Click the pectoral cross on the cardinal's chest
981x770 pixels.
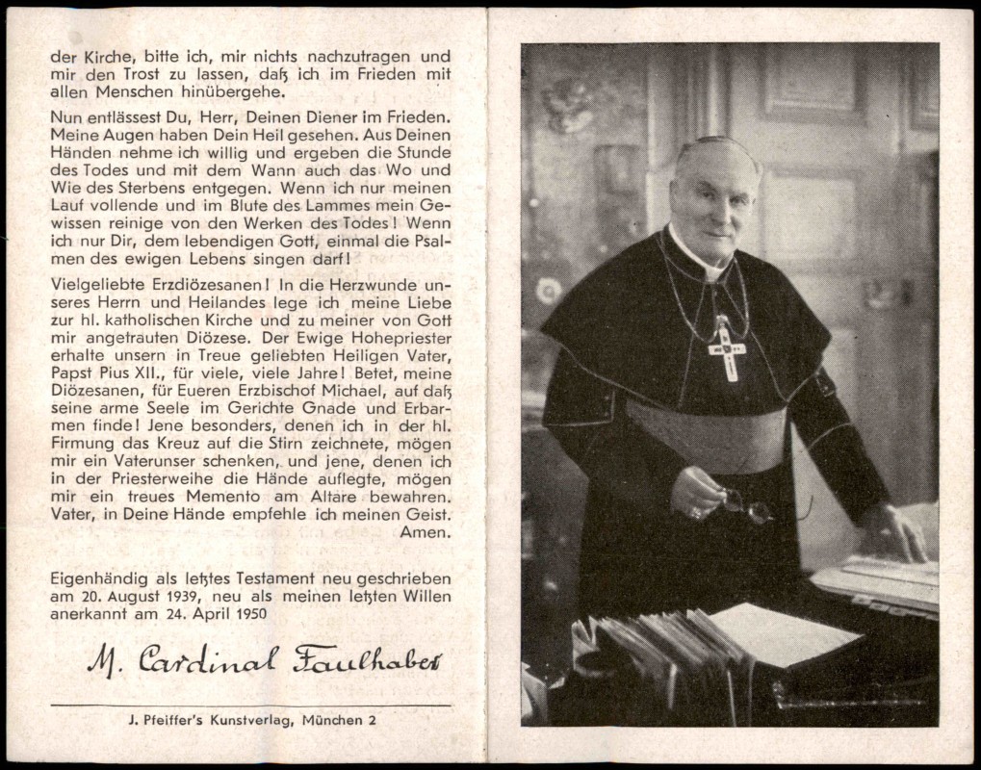tap(727, 348)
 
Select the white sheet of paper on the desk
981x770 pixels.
tap(784, 632)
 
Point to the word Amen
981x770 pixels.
tap(429, 531)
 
